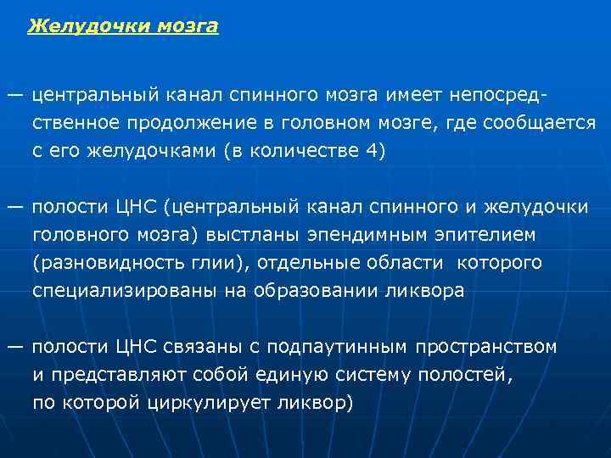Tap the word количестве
coord(307,151)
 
